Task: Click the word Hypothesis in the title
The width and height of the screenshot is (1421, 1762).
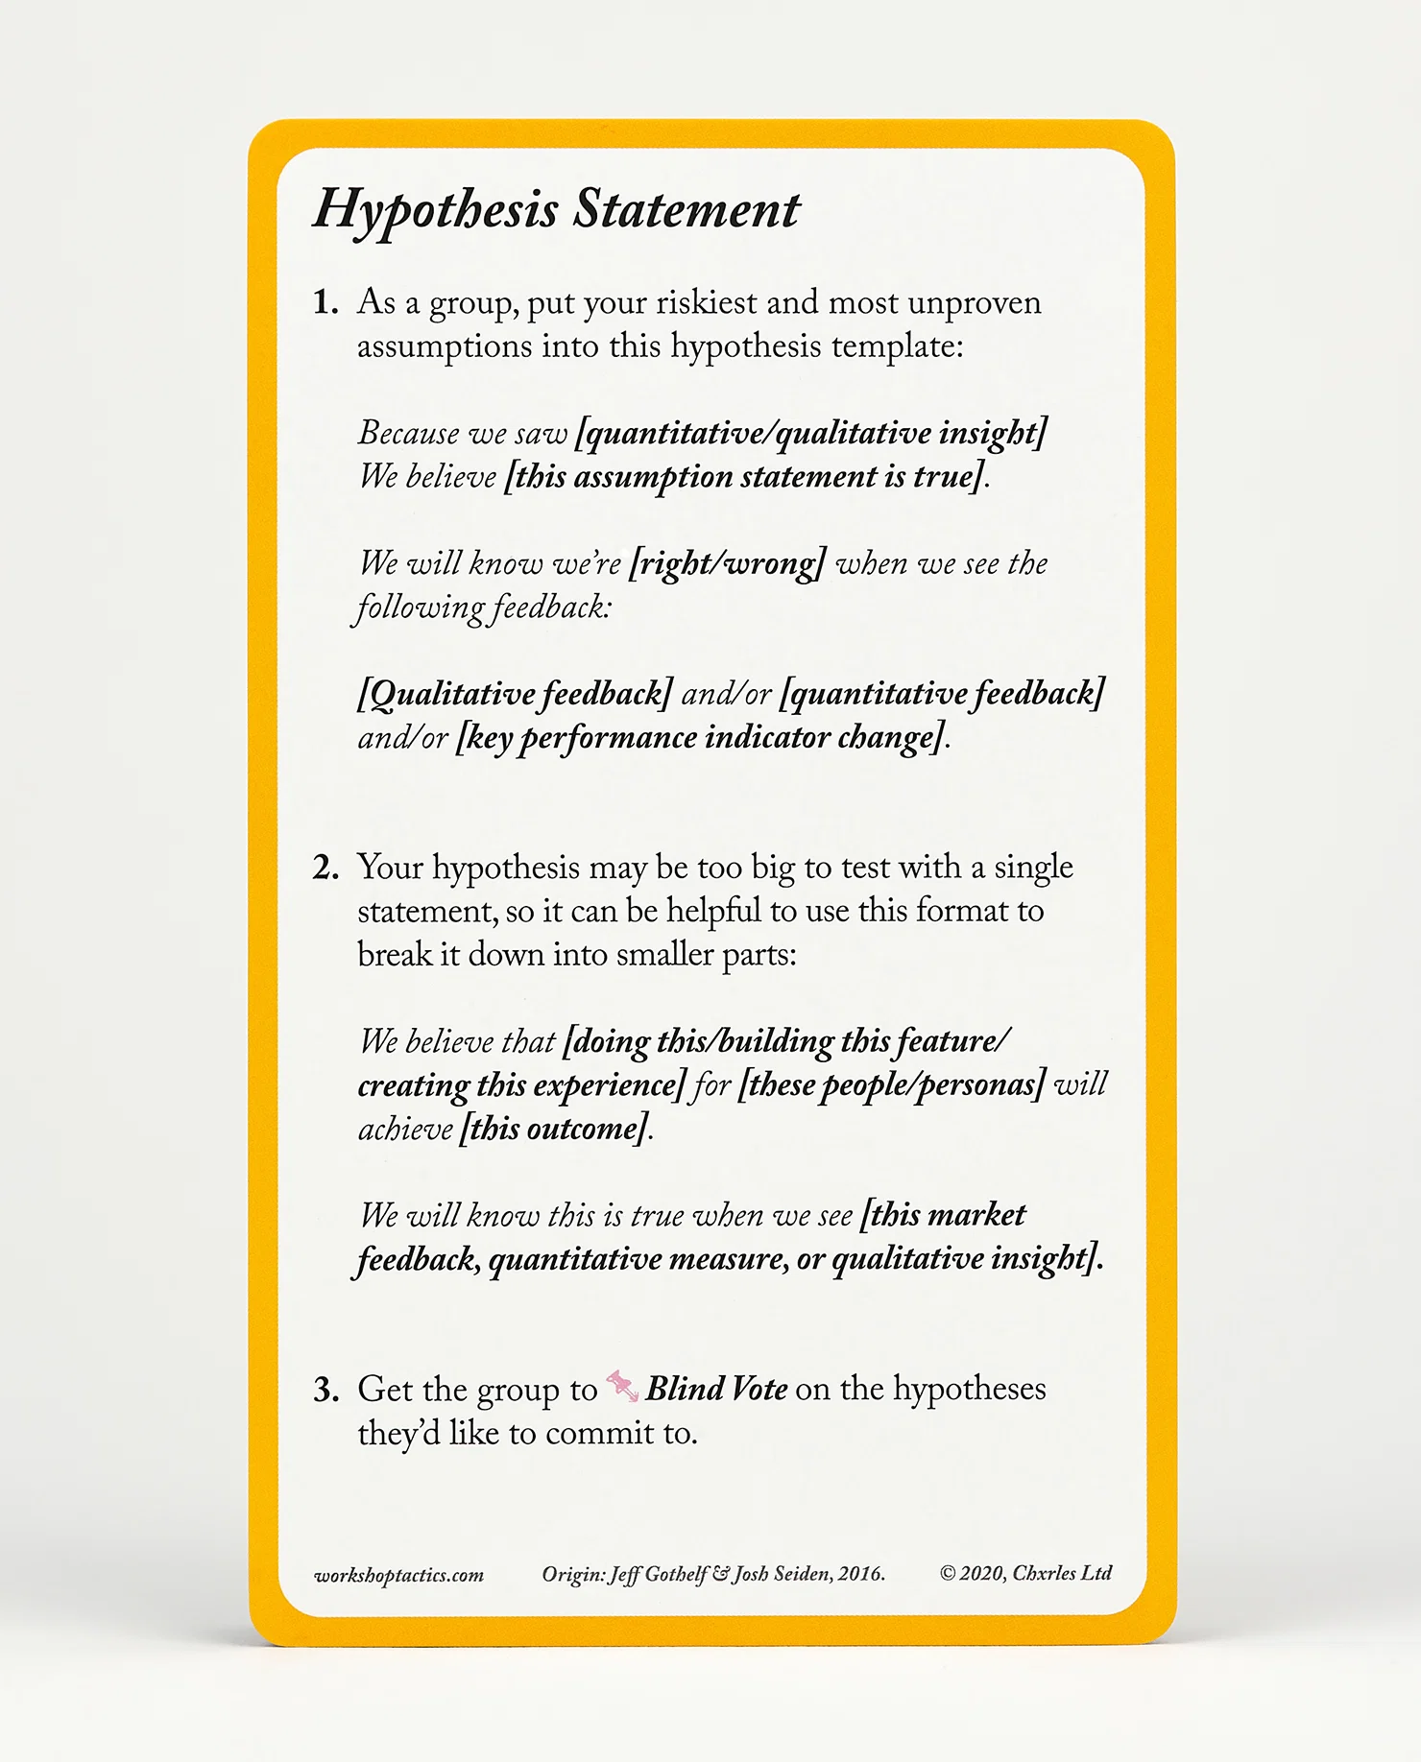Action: [435, 210]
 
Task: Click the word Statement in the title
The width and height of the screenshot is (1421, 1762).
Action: [686, 208]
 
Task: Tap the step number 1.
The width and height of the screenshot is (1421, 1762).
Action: [325, 303]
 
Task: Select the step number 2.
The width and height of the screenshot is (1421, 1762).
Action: [325, 868]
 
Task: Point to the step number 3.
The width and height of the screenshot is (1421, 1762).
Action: [325, 1390]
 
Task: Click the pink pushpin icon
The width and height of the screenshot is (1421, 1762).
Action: [622, 1387]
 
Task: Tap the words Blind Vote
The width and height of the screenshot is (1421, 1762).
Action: [716, 1389]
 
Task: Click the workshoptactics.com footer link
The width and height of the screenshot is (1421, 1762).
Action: [398, 1575]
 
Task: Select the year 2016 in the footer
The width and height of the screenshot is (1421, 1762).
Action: [859, 1573]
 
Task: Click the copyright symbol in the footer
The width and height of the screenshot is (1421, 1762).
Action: [948, 1573]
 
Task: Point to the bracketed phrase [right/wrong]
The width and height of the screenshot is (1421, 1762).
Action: [727, 563]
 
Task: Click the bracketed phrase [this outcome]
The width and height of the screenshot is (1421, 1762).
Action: [554, 1129]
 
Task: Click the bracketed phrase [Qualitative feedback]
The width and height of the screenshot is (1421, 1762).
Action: [515, 694]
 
